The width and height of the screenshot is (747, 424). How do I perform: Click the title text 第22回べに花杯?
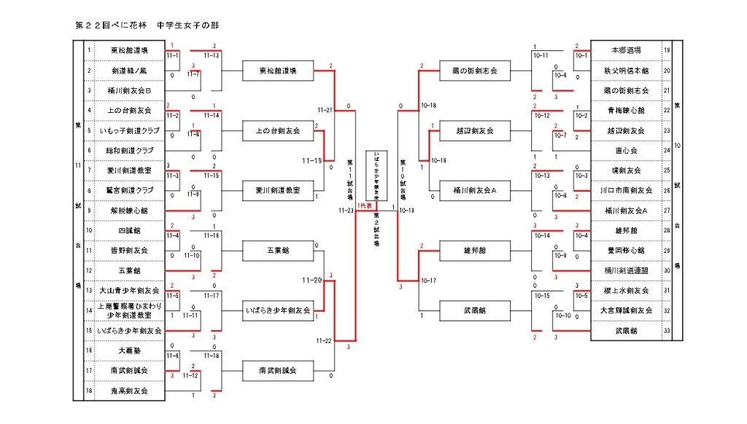point(112,25)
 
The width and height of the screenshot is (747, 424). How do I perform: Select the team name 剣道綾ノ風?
point(129,71)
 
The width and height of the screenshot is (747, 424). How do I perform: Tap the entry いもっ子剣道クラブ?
point(129,130)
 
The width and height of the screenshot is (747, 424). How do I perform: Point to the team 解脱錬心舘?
point(129,211)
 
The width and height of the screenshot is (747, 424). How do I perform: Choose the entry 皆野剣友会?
point(129,251)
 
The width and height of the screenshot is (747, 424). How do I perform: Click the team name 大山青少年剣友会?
point(129,290)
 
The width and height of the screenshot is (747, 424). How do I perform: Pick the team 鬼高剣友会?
point(129,390)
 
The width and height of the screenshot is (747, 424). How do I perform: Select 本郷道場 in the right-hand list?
point(626,50)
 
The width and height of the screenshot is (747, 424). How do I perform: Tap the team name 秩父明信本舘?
point(626,71)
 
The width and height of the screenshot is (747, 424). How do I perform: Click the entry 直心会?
point(626,151)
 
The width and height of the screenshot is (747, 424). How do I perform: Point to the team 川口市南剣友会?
point(626,190)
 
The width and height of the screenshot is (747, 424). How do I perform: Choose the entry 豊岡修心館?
point(626,251)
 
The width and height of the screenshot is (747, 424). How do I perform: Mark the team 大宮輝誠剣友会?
point(626,310)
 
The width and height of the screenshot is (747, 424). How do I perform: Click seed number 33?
point(667,331)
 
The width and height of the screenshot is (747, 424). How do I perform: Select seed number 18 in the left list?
point(89,390)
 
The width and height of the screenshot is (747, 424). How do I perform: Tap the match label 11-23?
point(345,210)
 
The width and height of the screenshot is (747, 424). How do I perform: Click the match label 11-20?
point(312,280)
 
